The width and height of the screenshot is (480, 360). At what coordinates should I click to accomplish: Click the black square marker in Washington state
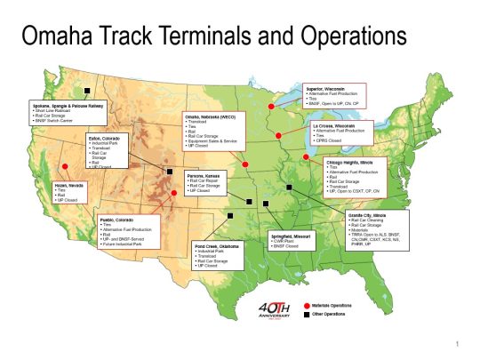tap(88, 91)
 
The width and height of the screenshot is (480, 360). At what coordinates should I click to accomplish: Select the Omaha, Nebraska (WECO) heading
tap(211, 116)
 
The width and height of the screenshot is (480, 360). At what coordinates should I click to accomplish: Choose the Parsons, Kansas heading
tap(204, 175)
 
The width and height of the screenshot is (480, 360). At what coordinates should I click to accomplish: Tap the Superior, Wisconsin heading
tap(326, 90)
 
